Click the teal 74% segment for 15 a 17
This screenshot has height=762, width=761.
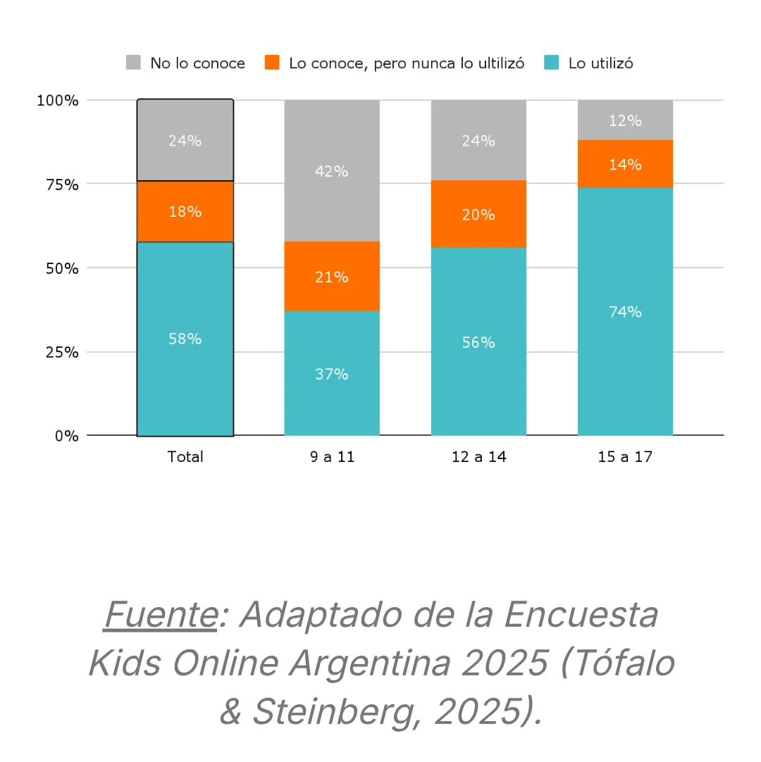click(x=625, y=311)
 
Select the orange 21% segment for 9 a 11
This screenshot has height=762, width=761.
click(x=331, y=276)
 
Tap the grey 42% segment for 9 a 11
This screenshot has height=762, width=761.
click(x=331, y=170)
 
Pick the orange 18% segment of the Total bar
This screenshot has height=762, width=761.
click(x=185, y=211)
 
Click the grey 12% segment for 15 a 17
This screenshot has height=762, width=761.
click(x=625, y=120)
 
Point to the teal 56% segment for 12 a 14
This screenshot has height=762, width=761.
click(x=478, y=342)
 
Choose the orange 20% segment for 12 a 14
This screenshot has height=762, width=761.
click(x=478, y=214)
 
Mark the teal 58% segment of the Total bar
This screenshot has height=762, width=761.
click(x=185, y=338)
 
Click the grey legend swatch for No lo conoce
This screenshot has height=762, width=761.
click(x=133, y=63)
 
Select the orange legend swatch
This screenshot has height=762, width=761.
click(x=272, y=63)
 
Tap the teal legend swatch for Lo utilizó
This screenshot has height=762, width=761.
click(x=552, y=63)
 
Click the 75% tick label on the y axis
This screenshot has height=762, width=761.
click(x=57, y=185)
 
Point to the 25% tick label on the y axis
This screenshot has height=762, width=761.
click(x=57, y=352)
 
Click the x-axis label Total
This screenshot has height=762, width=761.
click(x=185, y=456)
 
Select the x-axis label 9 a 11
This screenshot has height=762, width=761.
click(x=331, y=456)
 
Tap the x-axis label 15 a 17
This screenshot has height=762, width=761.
click(x=625, y=456)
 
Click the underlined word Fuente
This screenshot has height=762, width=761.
click(x=160, y=616)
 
